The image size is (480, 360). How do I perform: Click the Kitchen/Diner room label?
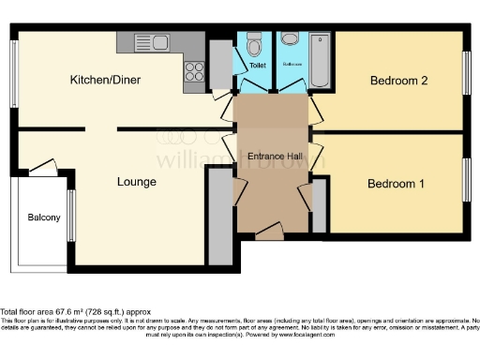click(x=105, y=80)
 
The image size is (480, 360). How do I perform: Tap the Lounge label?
click(x=137, y=181)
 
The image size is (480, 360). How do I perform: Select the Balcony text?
click(x=43, y=217)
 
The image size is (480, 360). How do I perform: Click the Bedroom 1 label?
click(x=396, y=184)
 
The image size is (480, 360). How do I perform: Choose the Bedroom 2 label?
click(x=398, y=81)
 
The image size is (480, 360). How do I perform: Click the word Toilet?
click(x=257, y=67)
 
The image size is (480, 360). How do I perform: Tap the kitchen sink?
click(x=153, y=42)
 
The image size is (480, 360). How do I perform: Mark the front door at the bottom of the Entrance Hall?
click(x=270, y=232)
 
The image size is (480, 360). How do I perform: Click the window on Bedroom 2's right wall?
click(x=465, y=70)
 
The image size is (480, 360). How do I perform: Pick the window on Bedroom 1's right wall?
click(x=465, y=179)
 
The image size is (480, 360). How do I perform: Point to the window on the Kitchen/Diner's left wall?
click(x=13, y=73)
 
